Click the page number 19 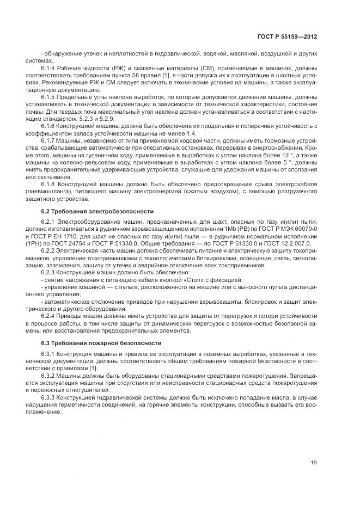[314, 463]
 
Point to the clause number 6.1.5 [48, 96]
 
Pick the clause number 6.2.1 [48, 222]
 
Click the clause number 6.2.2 [48, 251]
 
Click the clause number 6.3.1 [48, 354]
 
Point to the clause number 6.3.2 [48, 376]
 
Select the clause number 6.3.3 [48, 397]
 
